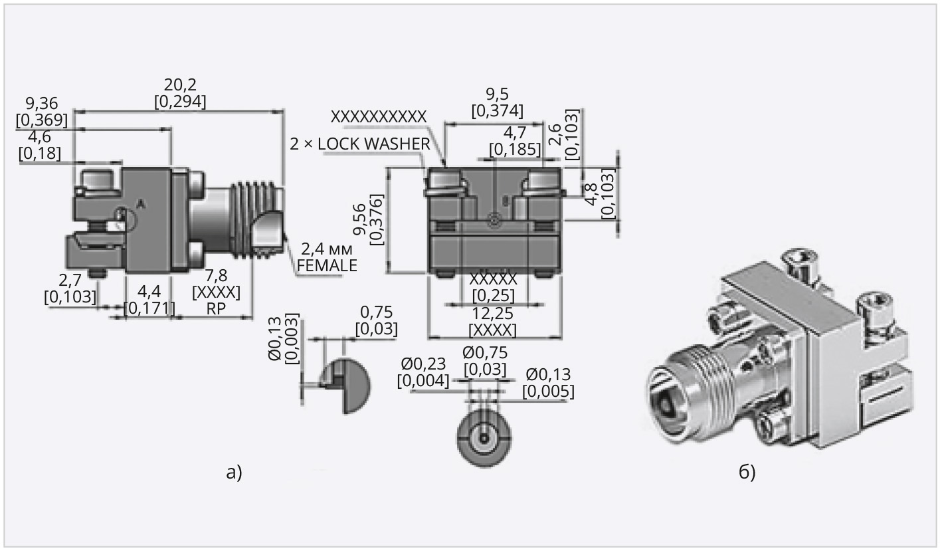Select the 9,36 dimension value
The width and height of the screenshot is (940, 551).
[41, 103]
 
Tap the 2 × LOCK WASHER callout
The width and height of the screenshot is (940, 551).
[359, 144]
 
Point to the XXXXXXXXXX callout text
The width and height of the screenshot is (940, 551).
[378, 116]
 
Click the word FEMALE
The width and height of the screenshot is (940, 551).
[327, 266]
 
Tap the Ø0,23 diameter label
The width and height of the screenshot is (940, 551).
[423, 364]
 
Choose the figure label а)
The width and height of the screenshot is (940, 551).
[235, 472]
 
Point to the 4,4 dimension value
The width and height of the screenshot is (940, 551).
[149, 290]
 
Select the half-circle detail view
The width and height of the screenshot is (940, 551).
[346, 385]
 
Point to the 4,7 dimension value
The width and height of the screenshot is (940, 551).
[515, 131]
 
